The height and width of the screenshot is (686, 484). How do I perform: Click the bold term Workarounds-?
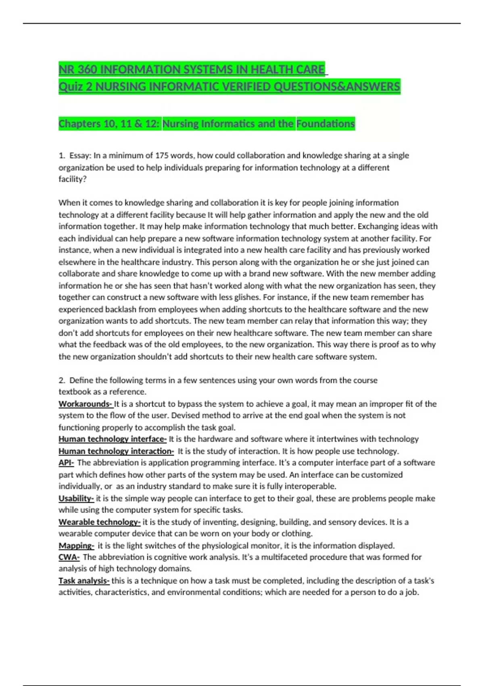tap(85, 404)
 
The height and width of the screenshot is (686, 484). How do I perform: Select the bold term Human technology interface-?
tap(112, 439)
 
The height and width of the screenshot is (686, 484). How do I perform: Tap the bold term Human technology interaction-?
tap(116, 451)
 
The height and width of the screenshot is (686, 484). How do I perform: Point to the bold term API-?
tap(66, 463)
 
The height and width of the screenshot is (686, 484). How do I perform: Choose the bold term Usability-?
tap(76, 498)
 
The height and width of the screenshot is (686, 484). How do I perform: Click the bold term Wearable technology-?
tap(99, 522)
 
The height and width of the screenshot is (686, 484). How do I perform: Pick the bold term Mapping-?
tap(76, 546)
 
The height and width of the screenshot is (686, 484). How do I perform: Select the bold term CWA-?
tap(69, 557)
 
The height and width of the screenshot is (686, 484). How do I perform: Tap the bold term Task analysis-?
tap(84, 581)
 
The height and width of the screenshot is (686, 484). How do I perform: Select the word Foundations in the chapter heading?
tap(325, 124)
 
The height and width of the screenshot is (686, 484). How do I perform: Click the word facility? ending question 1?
tap(73, 179)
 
